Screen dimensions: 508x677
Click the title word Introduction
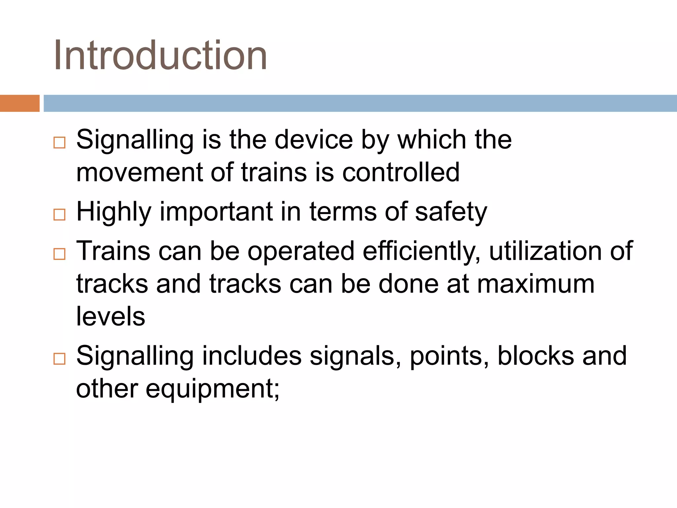(160, 56)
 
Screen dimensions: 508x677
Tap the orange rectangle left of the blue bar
(20, 103)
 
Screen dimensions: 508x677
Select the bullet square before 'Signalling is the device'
(60, 143)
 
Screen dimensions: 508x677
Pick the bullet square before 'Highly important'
(60, 215)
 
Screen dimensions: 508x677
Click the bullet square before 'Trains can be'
(60, 254)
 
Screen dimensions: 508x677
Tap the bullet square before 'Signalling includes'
(60, 359)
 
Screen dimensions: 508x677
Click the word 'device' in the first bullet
(314, 140)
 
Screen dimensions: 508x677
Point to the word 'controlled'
(401, 172)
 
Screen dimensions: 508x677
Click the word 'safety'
(451, 212)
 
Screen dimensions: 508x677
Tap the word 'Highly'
(114, 212)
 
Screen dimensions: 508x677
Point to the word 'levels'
(110, 316)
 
